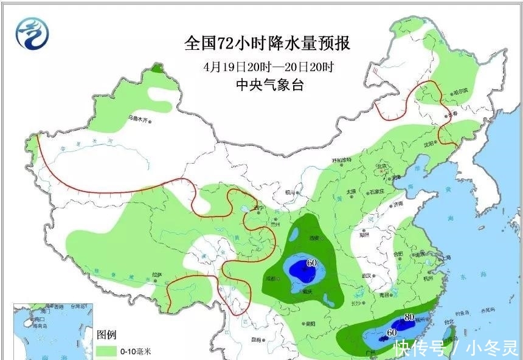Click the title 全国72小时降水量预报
268,44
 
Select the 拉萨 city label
158,275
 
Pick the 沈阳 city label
430,145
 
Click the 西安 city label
315,238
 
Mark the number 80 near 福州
409,317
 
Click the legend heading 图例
107,335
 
